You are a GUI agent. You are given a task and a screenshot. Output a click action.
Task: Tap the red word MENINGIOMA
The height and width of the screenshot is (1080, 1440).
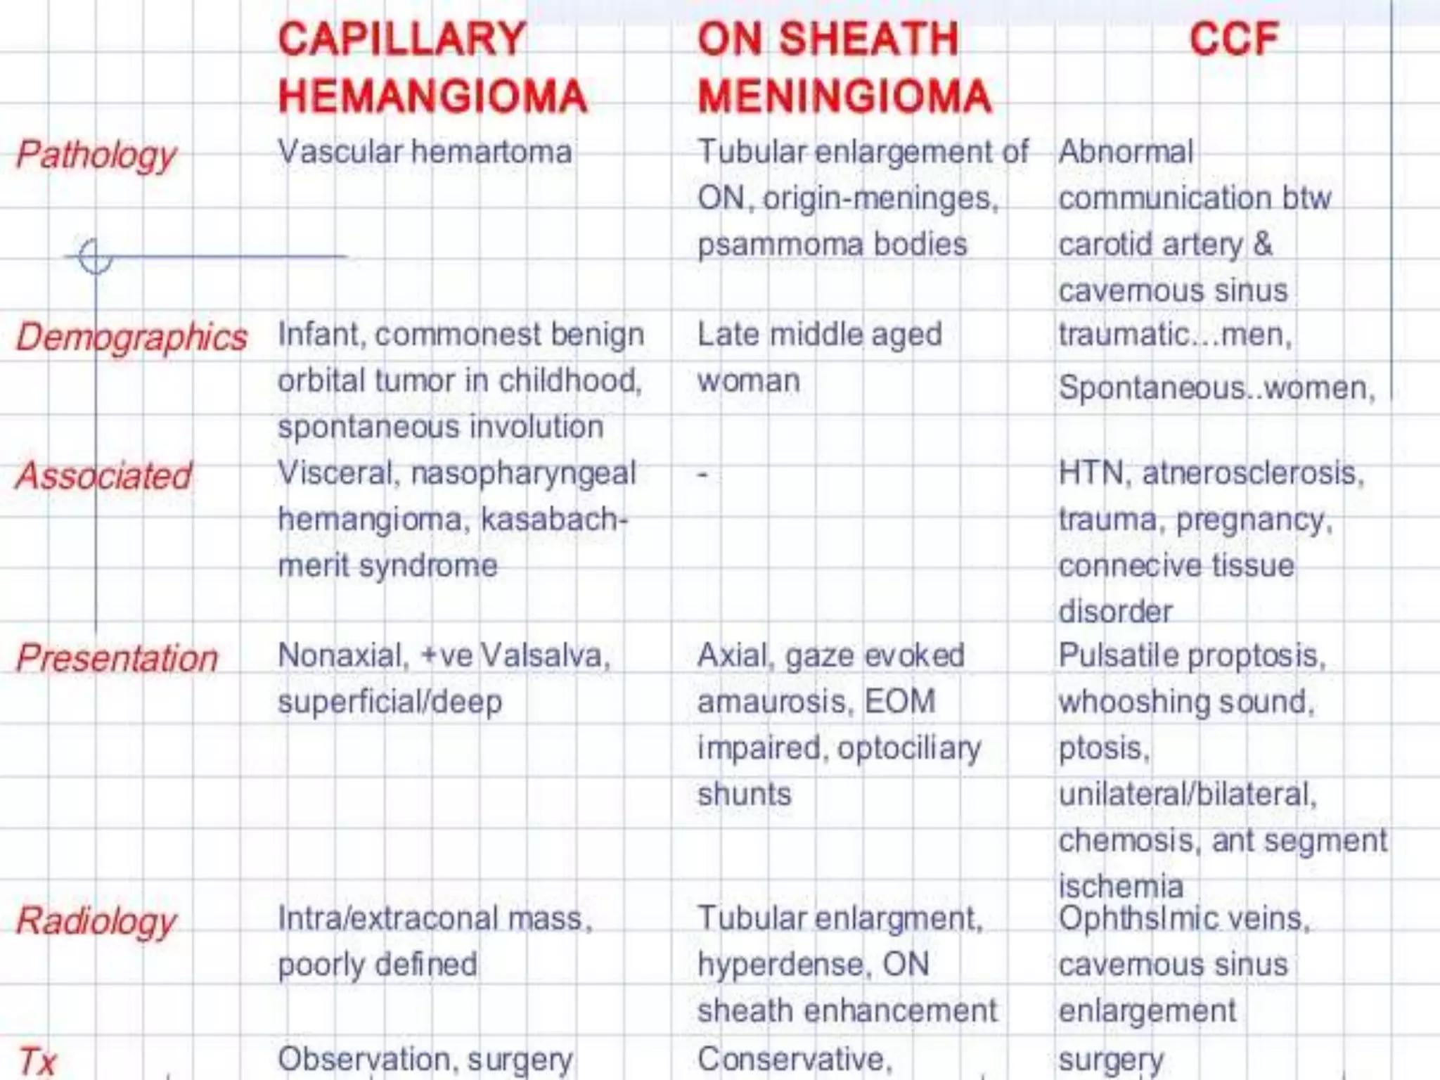(x=844, y=96)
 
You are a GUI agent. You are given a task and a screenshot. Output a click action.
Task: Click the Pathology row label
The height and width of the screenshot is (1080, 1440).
(x=96, y=155)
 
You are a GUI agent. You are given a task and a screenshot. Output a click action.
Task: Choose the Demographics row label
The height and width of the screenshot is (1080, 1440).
(x=131, y=337)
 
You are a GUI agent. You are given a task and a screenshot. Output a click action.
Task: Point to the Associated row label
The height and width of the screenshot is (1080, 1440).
(x=103, y=476)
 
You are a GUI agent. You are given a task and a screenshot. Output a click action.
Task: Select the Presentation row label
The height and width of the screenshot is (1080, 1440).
(x=117, y=659)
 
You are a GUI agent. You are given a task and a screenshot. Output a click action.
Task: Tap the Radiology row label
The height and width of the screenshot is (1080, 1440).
(x=96, y=921)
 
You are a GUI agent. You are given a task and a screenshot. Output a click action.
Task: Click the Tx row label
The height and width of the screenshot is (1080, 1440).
(x=37, y=1060)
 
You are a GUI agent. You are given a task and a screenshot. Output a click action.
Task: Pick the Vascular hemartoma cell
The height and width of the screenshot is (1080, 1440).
(x=425, y=152)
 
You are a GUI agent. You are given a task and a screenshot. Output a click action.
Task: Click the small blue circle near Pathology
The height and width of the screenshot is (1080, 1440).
(x=95, y=256)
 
